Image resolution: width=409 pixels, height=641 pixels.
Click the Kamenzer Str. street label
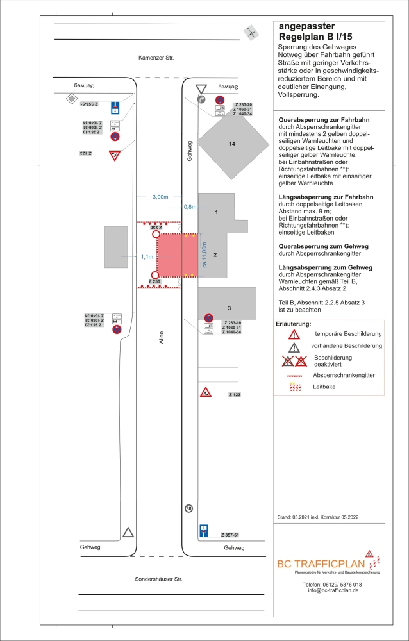click(156, 58)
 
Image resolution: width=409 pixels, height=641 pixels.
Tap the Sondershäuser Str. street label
click(159, 579)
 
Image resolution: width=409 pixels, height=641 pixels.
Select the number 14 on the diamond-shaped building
click(231, 144)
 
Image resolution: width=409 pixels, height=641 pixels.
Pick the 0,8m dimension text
click(190, 207)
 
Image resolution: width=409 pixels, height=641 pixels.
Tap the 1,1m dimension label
click(147, 256)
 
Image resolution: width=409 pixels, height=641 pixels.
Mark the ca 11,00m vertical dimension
click(204, 254)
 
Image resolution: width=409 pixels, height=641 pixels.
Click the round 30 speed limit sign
click(188, 508)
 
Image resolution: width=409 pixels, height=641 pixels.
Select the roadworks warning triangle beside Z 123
click(205, 393)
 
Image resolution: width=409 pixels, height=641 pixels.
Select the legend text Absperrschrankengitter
click(343, 375)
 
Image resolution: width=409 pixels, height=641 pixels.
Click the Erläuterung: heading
click(293, 324)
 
